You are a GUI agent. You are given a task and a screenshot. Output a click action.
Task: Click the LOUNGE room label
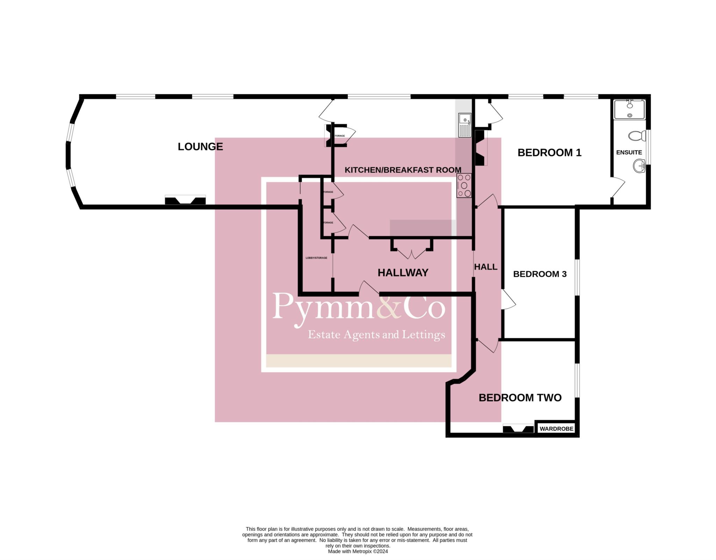[x=200, y=146]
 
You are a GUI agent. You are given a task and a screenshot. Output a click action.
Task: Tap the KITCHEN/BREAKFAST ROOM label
[x=402, y=170]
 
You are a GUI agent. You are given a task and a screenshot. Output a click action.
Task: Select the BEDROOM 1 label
[x=549, y=153]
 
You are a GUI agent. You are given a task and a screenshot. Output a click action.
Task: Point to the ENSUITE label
[x=629, y=152]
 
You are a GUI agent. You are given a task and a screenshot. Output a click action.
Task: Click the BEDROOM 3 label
[x=539, y=274]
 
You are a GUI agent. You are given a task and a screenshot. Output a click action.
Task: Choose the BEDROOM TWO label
[x=520, y=398]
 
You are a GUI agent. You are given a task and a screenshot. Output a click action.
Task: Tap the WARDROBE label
[x=556, y=429]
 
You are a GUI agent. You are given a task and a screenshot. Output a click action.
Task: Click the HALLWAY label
[x=403, y=273]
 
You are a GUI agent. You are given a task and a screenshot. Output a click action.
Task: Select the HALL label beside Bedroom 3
[x=486, y=267]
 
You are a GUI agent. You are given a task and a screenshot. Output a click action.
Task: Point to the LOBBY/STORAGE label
[x=316, y=258]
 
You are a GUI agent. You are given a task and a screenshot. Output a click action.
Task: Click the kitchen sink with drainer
[x=465, y=125]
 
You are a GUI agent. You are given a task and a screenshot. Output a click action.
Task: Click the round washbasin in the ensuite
[x=639, y=166]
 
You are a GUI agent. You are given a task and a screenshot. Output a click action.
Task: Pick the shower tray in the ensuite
[x=629, y=109]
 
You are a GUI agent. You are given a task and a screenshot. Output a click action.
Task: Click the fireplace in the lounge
[x=185, y=201]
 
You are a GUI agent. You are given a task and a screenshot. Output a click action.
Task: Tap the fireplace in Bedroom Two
[x=518, y=429]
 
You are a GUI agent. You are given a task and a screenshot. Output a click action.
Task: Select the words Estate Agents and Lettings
[x=376, y=335]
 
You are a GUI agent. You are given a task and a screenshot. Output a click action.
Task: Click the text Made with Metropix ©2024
[x=358, y=552]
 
